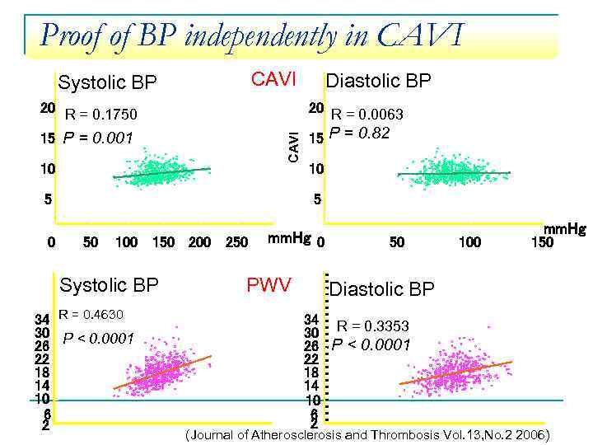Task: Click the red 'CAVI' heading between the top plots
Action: [273, 79]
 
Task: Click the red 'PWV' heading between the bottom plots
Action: [268, 285]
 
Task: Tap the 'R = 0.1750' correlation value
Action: [101, 114]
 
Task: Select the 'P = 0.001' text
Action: [97, 138]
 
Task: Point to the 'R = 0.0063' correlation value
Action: [367, 115]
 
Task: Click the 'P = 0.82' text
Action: [359, 133]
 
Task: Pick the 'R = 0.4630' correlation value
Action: [91, 314]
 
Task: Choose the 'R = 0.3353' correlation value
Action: [372, 326]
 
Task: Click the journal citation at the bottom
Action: [367, 435]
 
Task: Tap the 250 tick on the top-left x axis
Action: [236, 242]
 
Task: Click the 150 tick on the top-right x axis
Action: [541, 242]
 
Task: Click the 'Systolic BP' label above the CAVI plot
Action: [107, 82]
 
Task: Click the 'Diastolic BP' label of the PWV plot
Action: [381, 288]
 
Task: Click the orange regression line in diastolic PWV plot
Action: [455, 372]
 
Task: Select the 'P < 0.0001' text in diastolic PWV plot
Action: [371, 344]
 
